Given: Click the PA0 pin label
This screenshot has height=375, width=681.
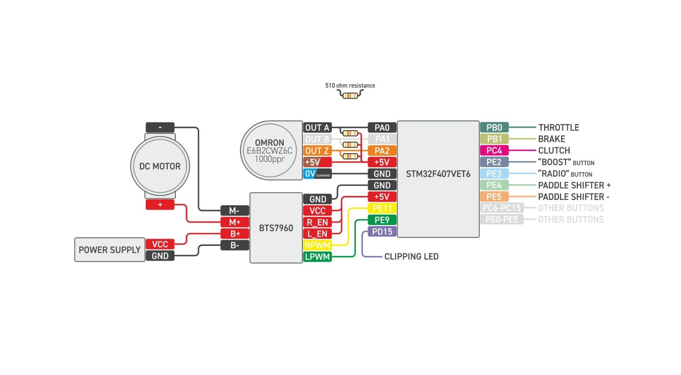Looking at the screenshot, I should pyautogui.click(x=382, y=127).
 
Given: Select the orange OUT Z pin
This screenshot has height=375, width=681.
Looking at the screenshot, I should pyautogui.click(x=317, y=151).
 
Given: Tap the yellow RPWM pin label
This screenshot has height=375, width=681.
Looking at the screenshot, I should pyautogui.click(x=317, y=245).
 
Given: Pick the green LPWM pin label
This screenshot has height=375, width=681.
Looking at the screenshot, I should pyautogui.click(x=317, y=257).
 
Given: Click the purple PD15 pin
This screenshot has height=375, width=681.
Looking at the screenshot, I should pyautogui.click(x=382, y=231).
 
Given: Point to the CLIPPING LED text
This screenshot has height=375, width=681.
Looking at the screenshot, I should pyautogui.click(x=411, y=257).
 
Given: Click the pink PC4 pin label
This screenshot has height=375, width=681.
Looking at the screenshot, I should pyautogui.click(x=494, y=150).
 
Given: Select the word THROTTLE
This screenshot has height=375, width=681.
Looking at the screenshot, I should pyautogui.click(x=559, y=127).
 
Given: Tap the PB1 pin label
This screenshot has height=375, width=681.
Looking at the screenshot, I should pyautogui.click(x=494, y=139).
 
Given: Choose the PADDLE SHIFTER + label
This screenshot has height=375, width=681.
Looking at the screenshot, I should pyautogui.click(x=574, y=185).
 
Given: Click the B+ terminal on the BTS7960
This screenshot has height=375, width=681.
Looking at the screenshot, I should pyautogui.click(x=235, y=233).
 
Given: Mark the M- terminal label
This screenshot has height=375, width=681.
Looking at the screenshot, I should pyautogui.click(x=235, y=211).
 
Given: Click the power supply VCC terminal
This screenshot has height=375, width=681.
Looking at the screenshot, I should pyautogui.click(x=160, y=244).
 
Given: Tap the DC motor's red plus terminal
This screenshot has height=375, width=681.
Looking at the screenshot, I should pyautogui.click(x=160, y=204).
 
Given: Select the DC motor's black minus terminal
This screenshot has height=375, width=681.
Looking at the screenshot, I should pyautogui.click(x=160, y=127).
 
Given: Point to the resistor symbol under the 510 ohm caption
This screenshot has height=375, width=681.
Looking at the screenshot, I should pyautogui.click(x=350, y=96).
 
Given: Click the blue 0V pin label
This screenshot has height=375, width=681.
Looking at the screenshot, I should pyautogui.click(x=317, y=174).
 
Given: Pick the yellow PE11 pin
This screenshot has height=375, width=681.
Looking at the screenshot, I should pyautogui.click(x=382, y=208).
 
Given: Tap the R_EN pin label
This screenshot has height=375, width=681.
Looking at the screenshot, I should pyautogui.click(x=317, y=222).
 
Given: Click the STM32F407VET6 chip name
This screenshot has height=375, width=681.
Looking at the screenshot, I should pyautogui.click(x=438, y=174).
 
